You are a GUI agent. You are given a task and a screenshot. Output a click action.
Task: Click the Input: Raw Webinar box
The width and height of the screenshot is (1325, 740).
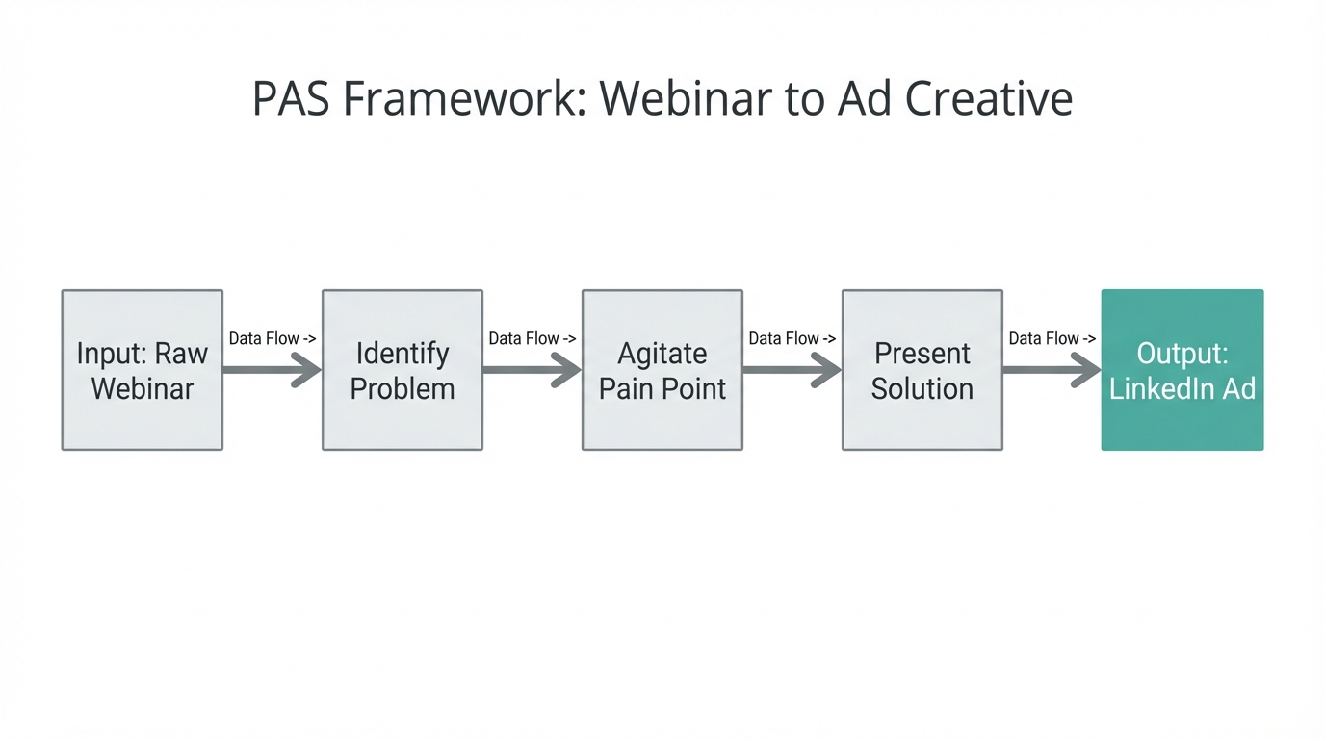143,370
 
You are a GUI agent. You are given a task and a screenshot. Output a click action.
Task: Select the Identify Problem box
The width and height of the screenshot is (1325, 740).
403,370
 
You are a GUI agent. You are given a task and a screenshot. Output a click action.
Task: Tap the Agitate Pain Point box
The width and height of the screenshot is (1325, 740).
662,370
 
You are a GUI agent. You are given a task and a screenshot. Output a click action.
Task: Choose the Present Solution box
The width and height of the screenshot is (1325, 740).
922,370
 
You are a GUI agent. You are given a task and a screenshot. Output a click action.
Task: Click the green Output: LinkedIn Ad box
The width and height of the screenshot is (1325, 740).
1182,370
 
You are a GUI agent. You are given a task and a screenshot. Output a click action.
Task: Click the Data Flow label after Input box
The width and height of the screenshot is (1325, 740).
273,339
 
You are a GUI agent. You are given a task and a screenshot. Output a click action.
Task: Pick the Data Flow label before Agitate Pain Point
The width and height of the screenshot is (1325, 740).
533,339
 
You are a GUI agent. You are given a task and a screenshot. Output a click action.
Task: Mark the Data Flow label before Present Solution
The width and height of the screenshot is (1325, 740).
792,339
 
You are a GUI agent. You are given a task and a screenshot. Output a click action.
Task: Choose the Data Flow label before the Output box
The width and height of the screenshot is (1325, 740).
1052,339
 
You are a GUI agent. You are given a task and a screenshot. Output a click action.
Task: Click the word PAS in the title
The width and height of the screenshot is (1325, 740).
291,99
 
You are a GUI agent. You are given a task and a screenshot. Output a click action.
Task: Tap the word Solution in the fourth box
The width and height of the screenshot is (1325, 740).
922,388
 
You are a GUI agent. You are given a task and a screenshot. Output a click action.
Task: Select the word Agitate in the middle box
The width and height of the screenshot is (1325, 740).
662,354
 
